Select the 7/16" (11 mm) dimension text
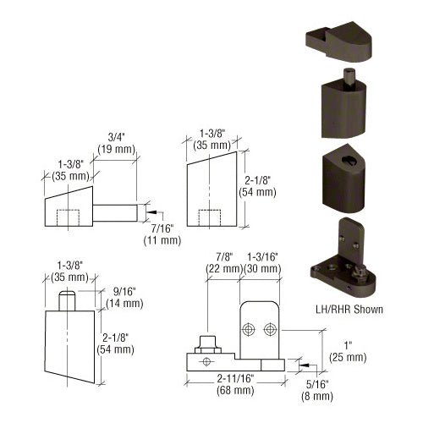(x=160, y=234)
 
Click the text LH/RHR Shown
(x=347, y=310)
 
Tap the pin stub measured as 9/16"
(x=68, y=298)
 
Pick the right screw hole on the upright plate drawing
(x=270, y=328)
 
